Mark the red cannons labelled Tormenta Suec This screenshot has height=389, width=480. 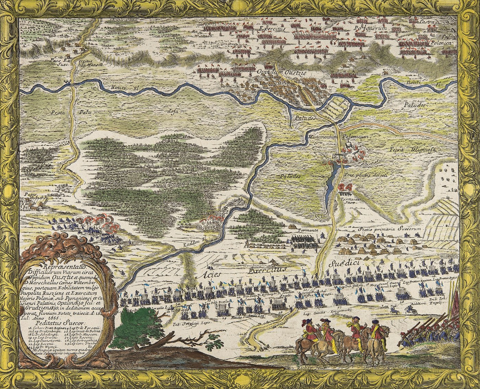(345, 187)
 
